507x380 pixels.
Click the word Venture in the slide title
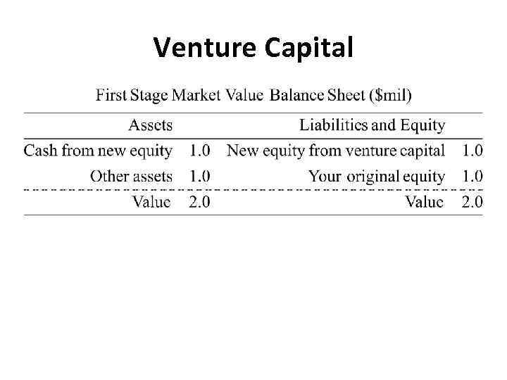pos(206,48)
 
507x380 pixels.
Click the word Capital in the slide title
pos(308,48)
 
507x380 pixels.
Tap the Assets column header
pos(150,125)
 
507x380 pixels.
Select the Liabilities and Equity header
pos(372,125)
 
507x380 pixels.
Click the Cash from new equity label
pos(98,150)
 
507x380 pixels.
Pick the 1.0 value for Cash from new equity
pos(199,150)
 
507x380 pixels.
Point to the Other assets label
pos(131,176)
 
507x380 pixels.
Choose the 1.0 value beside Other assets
pos(199,176)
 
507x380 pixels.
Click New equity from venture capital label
pos(336,150)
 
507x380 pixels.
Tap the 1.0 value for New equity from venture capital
pos(472,150)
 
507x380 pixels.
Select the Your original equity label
pos(377,176)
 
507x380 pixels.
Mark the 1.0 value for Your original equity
pos(472,176)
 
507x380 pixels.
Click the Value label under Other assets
pos(151,202)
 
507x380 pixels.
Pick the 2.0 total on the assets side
pos(199,202)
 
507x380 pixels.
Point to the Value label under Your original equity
pos(425,202)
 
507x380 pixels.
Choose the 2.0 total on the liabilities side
pos(472,202)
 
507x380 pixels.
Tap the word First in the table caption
pos(113,94)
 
